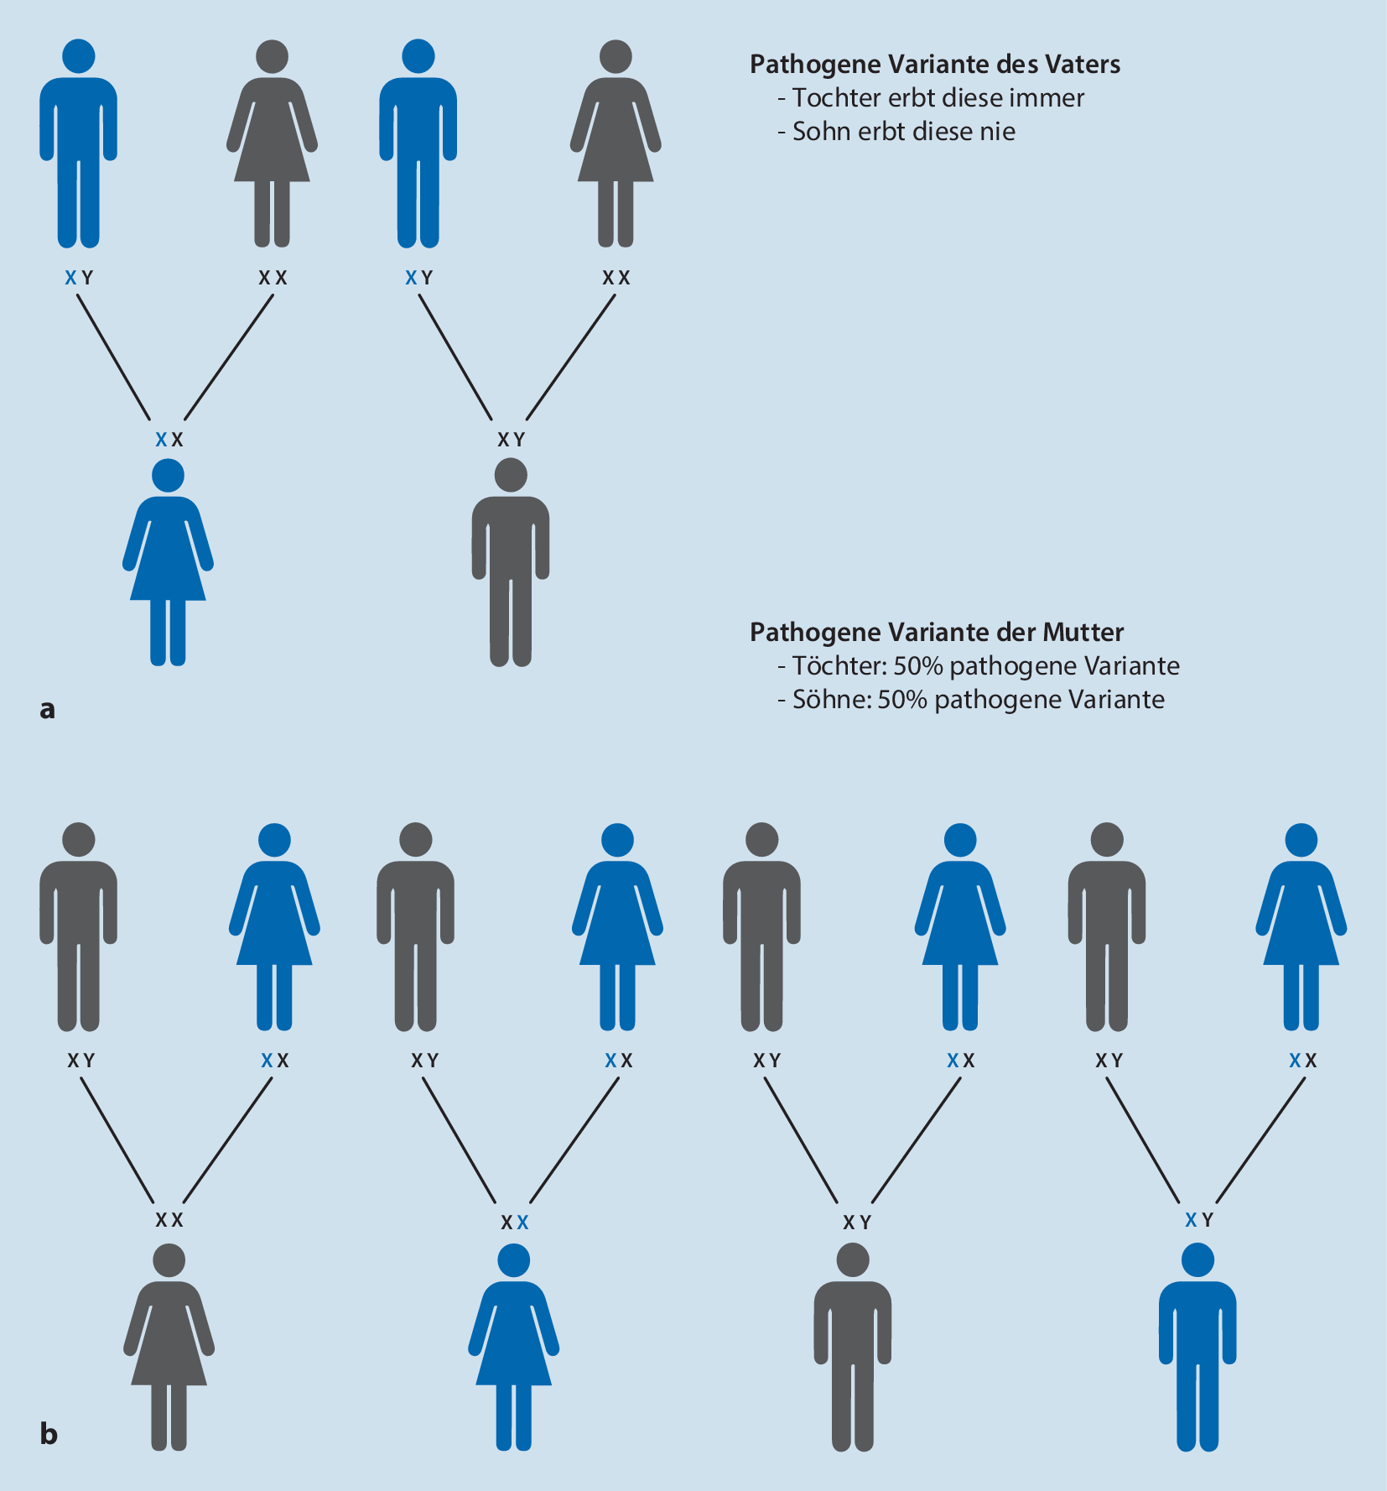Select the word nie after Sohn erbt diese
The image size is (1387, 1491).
point(1000,132)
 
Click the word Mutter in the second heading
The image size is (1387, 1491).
point(1083,633)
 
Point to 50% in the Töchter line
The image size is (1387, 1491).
point(918,666)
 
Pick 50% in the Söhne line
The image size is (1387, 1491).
point(902,700)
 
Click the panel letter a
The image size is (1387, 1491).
point(47,710)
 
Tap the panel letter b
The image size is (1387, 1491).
point(49,1434)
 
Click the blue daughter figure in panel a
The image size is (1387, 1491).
point(168,562)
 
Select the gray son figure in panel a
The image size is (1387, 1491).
point(511,562)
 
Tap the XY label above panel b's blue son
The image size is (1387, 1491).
point(1198,1221)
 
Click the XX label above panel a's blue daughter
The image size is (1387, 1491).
point(169,440)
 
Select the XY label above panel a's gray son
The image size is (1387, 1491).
point(511,440)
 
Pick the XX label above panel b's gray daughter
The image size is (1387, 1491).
point(169,1221)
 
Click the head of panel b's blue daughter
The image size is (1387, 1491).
point(513,1260)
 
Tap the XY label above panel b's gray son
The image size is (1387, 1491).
point(857,1223)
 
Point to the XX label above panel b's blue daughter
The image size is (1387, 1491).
point(514,1223)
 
